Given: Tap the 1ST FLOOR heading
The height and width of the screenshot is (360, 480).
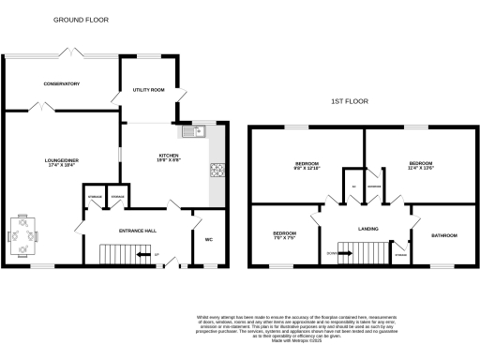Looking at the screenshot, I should click(x=347, y=101).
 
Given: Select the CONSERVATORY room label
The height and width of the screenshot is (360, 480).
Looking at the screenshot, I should click(x=61, y=84).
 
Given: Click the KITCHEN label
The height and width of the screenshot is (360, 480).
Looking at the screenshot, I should click(x=168, y=155).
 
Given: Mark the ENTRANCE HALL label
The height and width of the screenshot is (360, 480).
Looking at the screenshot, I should click(x=136, y=230).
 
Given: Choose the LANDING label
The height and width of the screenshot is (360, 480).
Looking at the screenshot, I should click(x=368, y=228).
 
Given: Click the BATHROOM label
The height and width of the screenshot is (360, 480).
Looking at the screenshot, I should click(x=444, y=235).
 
